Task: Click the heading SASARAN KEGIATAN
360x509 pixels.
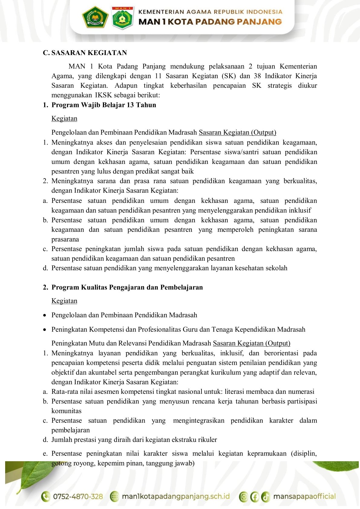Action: pos(89,53)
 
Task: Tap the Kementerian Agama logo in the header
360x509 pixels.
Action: pos(95,17)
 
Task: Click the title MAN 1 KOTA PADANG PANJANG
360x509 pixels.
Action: pos(210,22)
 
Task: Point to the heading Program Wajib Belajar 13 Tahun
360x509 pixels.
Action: pos(104,105)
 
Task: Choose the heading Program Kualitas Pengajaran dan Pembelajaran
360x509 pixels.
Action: pos(127,287)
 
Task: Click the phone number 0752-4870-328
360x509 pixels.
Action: pos(78,497)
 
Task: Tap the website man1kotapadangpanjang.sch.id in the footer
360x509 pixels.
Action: pos(175,497)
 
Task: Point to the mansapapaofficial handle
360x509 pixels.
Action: pos(304,497)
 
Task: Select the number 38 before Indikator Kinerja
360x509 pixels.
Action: pos(257,76)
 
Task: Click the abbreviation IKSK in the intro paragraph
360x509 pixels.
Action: pos(103,95)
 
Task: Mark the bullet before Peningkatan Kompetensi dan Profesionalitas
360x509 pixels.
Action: pos(45,330)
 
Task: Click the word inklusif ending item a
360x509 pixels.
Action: pos(300,210)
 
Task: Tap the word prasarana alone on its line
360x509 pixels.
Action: pos(65,240)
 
